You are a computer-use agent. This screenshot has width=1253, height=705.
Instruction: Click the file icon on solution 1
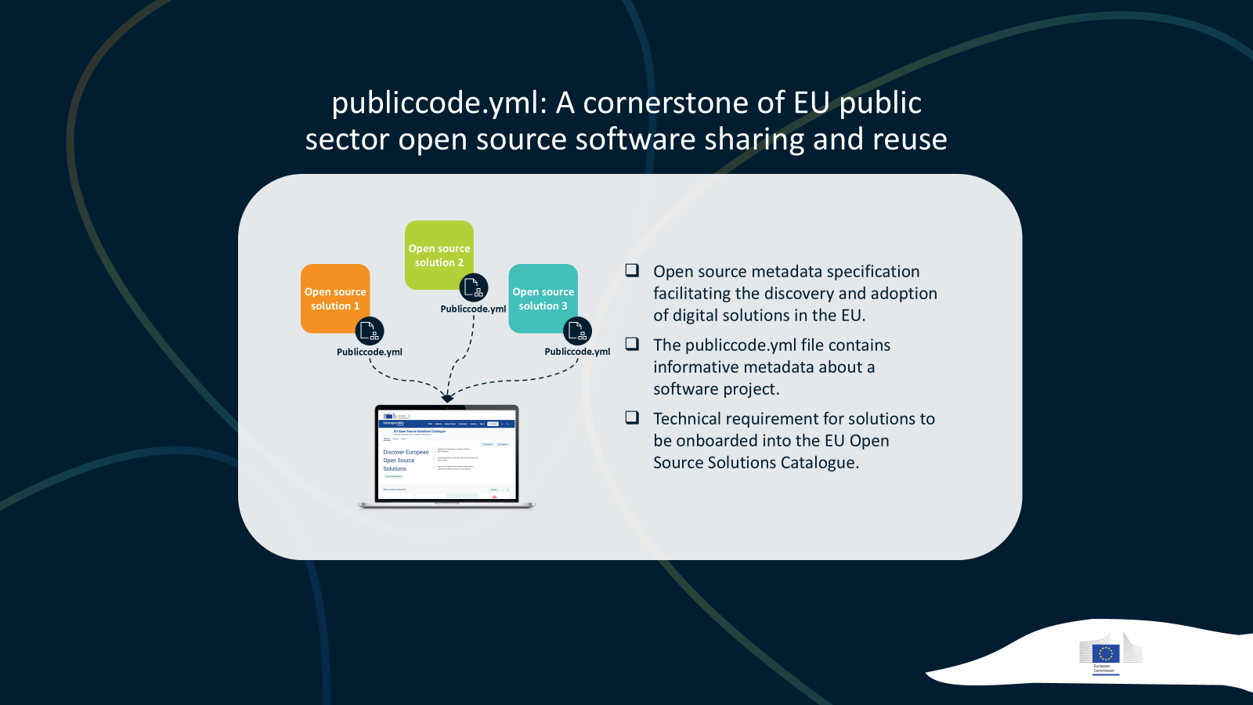(370, 331)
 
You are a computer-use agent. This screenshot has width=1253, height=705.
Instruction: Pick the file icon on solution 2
(473, 288)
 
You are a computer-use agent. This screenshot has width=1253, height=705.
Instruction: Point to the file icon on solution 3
(577, 331)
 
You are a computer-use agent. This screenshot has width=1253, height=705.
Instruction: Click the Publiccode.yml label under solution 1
(370, 352)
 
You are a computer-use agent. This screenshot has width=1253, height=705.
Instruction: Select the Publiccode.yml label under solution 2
(473, 309)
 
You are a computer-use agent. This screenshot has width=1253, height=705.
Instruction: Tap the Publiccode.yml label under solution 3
(577, 352)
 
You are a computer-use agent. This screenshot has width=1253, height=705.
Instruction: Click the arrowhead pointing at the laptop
(447, 399)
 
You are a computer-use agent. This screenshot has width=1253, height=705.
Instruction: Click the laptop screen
(446, 454)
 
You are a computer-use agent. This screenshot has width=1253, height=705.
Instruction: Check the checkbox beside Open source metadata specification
(632, 270)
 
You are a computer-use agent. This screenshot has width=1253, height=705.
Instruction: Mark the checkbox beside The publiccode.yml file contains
(632, 344)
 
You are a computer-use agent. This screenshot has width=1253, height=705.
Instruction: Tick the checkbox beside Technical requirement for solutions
(632, 418)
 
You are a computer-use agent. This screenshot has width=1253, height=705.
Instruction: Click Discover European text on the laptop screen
(406, 452)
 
